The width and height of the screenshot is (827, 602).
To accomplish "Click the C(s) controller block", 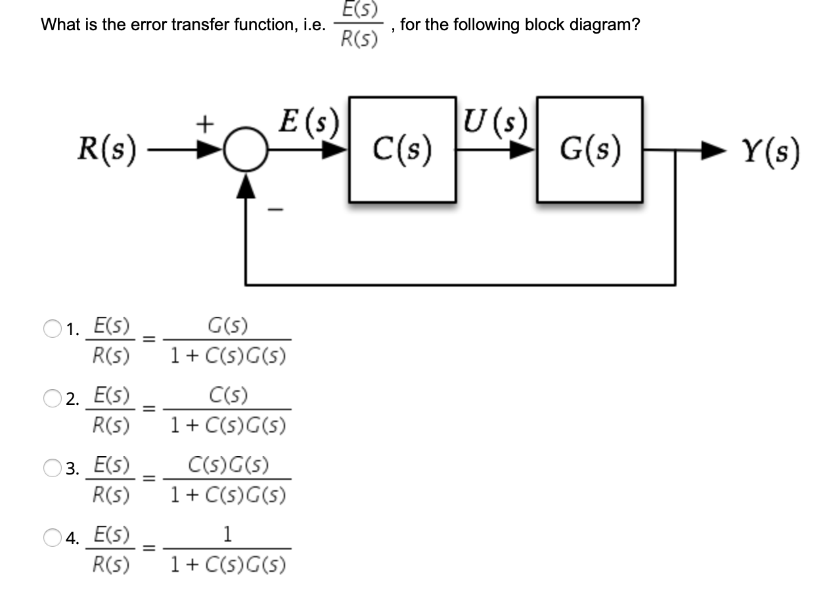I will coord(402,150).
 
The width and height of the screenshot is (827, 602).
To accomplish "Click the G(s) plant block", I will coord(590,150).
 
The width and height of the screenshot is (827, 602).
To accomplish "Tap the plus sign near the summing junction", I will coord(206,122).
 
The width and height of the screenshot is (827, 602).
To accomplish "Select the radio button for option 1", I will coord(52,329).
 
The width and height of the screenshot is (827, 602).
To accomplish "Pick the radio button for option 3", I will coord(52,469).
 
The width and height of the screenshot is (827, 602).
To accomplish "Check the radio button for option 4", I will coord(52,538).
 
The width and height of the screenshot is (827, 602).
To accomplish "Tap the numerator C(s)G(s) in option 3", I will coord(227,467).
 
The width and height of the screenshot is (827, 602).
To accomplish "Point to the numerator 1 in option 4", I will coord(227,535).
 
